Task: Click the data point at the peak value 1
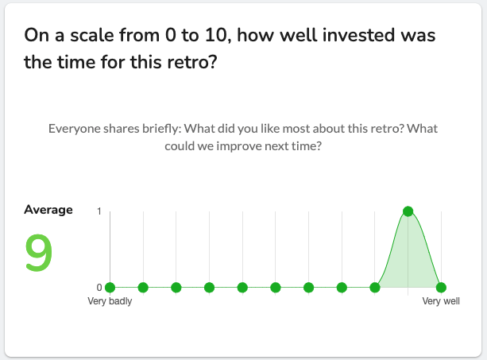tap(408, 211)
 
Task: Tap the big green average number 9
tap(38, 253)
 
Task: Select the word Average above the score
tap(48, 210)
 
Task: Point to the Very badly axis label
tap(110, 301)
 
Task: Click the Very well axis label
tap(441, 301)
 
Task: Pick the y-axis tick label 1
tap(99, 211)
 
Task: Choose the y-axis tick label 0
tap(99, 288)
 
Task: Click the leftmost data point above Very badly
tap(110, 288)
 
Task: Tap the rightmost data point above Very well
tap(441, 288)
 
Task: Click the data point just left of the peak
tap(375, 288)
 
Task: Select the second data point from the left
tap(143, 288)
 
